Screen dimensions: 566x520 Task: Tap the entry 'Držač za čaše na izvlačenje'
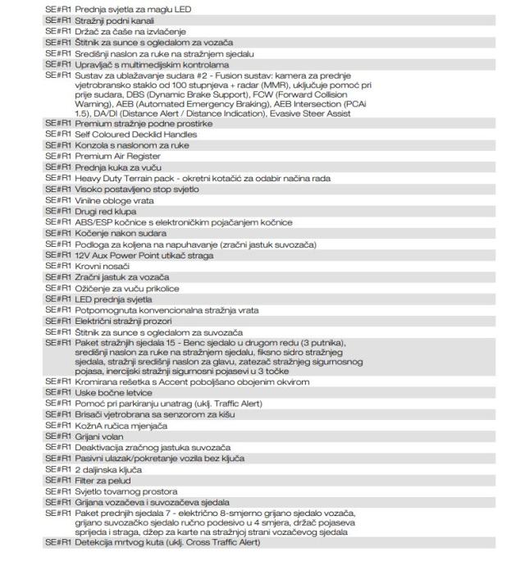pyautogui.click(x=122, y=30)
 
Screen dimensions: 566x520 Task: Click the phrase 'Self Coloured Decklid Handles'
pyautogui.click(x=135, y=134)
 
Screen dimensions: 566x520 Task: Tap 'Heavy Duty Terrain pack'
pyautogui.click(x=125, y=177)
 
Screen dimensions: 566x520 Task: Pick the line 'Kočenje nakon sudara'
pyautogui.click(x=112, y=232)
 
